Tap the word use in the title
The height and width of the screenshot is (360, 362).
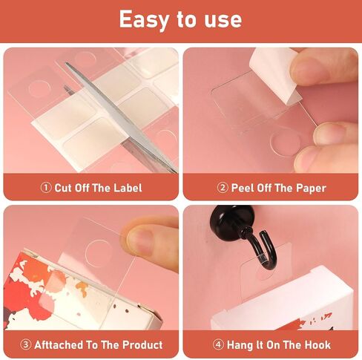tap(223, 20)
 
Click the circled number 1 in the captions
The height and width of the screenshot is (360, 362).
tap(46, 188)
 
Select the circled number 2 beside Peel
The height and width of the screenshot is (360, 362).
tap(223, 188)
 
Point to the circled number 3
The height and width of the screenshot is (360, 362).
tap(25, 344)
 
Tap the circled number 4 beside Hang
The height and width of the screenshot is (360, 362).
tap(218, 344)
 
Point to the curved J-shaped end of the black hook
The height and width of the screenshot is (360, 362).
tap(268, 252)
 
